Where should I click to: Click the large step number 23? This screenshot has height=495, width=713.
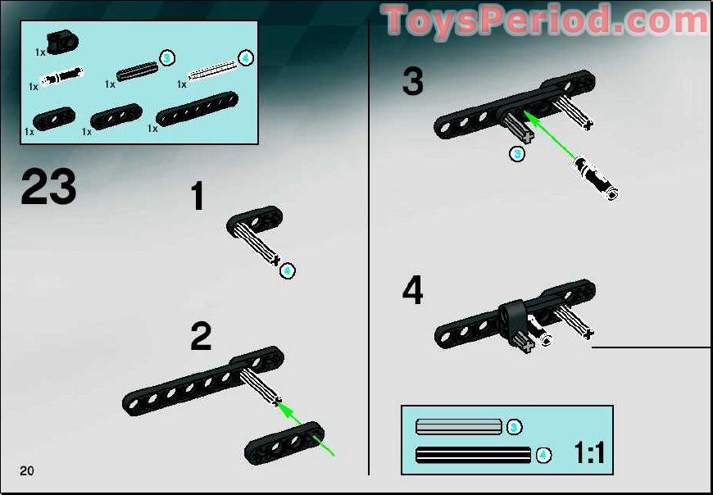tap(48, 188)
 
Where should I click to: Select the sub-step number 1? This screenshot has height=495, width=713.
tap(198, 198)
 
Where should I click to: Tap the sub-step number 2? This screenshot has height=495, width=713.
tap(201, 337)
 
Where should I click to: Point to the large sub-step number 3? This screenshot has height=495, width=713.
tap(413, 82)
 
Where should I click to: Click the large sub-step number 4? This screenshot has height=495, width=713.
tap(413, 291)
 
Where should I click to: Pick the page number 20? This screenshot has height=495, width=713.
tap(28, 470)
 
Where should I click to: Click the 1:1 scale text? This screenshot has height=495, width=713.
tap(588, 452)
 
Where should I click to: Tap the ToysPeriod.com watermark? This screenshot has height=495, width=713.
tap(545, 20)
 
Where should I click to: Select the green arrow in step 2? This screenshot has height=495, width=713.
tap(307, 429)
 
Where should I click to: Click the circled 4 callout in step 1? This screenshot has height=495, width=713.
tap(287, 271)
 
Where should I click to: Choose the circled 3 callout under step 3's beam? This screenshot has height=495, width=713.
tap(516, 154)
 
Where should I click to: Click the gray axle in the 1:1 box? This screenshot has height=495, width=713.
tap(458, 426)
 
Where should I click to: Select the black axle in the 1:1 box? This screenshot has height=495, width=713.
tap(473, 454)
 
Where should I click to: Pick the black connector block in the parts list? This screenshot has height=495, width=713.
tap(60, 39)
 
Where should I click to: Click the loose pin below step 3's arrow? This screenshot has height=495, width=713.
tap(596, 178)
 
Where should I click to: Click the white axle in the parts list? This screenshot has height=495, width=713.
tap(212, 75)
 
